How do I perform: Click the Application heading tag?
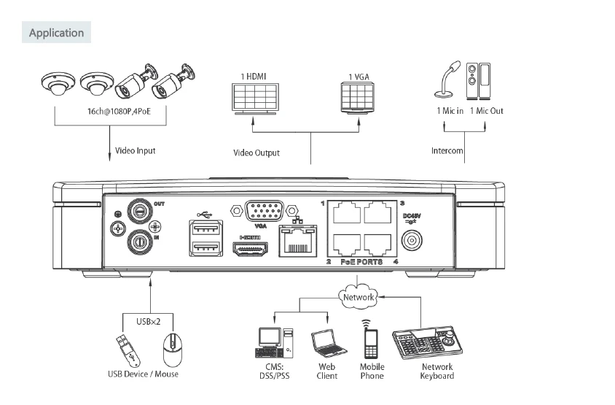pyautogui.click(x=56, y=33)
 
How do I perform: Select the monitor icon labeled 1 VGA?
pyautogui.click(x=356, y=96)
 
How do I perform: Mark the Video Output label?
pyautogui.click(x=256, y=153)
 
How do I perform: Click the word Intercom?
pyautogui.click(x=447, y=151)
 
